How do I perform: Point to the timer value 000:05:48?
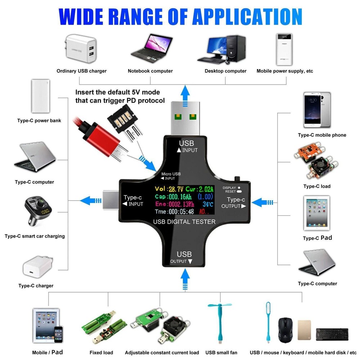[x=181, y=212]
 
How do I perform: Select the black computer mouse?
[x=287, y=329]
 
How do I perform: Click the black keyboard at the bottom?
[x=332, y=334]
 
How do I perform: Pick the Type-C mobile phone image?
[x=317, y=110]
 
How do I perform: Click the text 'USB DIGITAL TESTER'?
[x=184, y=222]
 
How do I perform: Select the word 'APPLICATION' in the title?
[x=247, y=17]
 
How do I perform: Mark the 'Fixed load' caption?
[x=101, y=352]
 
